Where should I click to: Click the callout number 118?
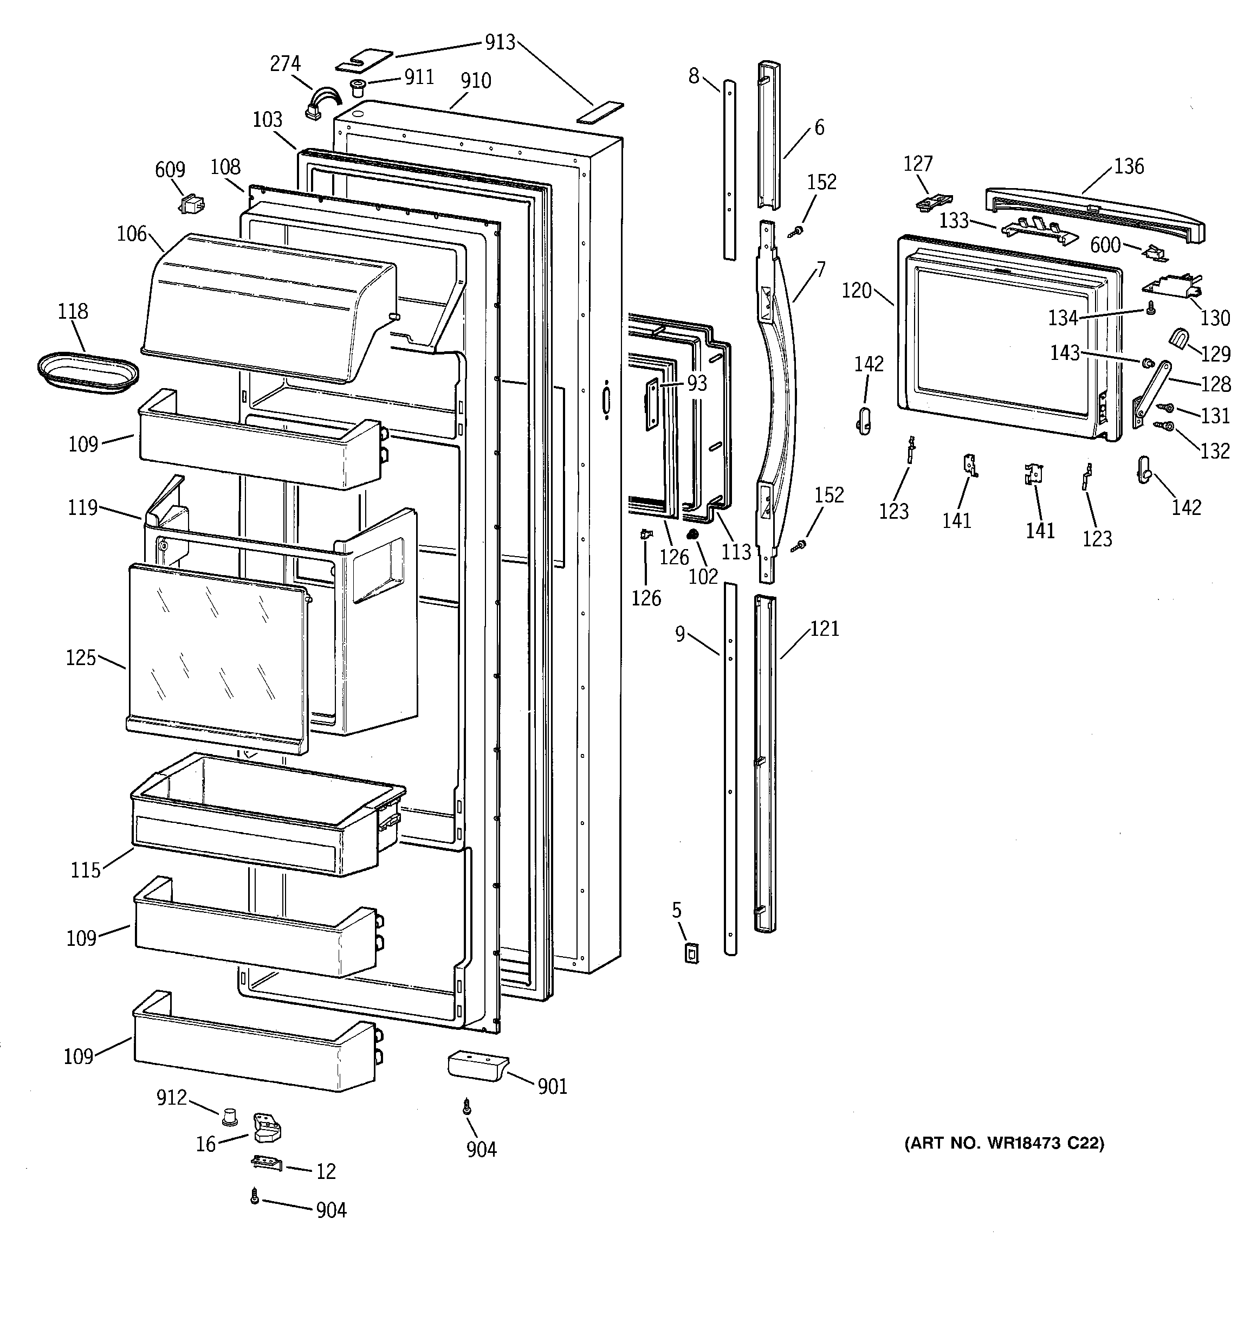click(x=72, y=312)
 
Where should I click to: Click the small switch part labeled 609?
click(x=191, y=203)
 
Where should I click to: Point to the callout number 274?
click(x=284, y=64)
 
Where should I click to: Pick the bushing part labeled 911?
click(x=358, y=86)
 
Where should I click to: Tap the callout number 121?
click(x=824, y=629)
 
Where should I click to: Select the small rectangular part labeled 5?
click(x=691, y=952)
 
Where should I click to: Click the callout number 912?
click(x=171, y=1098)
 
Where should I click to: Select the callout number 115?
click(x=86, y=870)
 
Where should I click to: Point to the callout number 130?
click(x=1215, y=318)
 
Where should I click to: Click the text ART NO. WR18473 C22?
click(x=1004, y=1143)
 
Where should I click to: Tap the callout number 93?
click(x=697, y=383)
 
